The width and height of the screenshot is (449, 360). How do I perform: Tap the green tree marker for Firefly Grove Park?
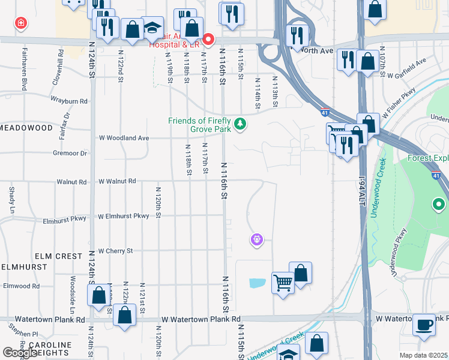coord(241,124)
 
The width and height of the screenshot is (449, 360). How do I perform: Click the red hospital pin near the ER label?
coord(208,40)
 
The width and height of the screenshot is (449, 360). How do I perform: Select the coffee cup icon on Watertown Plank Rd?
coord(425,324)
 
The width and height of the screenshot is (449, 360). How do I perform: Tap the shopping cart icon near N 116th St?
coord(282,282)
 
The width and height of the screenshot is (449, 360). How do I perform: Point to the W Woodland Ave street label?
coord(124,138)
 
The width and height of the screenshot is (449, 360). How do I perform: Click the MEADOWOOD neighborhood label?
coord(26,128)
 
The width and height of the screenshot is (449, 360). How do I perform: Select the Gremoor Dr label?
coord(70,154)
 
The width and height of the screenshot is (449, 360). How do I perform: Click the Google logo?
coord(20,353)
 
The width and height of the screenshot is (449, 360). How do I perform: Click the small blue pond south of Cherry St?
coord(256,282)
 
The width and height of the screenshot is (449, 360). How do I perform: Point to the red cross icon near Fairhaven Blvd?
coord(21,23)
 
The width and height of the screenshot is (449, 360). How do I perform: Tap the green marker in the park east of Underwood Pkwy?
coord(439,206)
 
